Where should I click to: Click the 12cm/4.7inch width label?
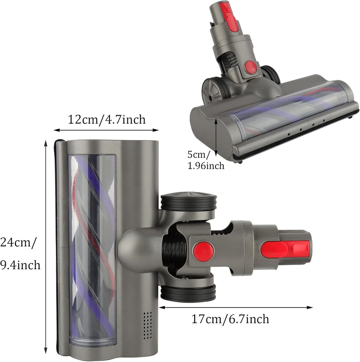[x=107, y=120]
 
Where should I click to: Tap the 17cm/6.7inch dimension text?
[x=230, y=319]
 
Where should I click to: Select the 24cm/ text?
[x=18, y=243]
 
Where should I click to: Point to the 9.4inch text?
[x=20, y=265]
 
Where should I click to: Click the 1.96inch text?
[x=206, y=166]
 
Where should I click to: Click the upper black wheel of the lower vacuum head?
[x=189, y=201]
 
